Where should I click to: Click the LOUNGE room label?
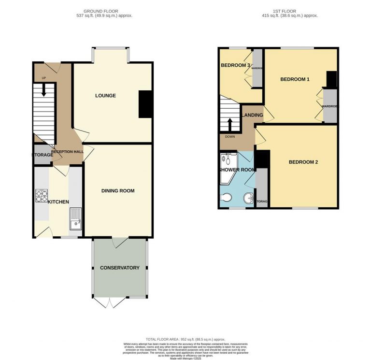click(x=105, y=96)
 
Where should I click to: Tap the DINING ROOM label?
click(x=118, y=191)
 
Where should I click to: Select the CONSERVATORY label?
click(x=120, y=268)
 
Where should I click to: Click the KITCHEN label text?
click(x=58, y=202)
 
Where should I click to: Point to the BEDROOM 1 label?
click(x=295, y=79)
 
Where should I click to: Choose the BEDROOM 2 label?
click(x=303, y=162)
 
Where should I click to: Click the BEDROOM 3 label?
click(x=235, y=65)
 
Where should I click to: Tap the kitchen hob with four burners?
click(x=41, y=195)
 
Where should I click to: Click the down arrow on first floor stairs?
click(x=230, y=124)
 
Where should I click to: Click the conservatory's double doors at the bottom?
click(x=111, y=302)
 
